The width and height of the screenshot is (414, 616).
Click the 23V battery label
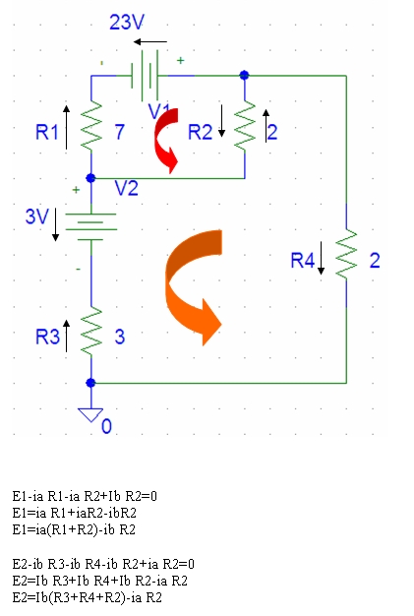coord(127,22)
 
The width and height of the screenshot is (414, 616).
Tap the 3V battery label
coord(37,216)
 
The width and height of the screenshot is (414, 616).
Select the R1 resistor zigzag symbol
coord(91,127)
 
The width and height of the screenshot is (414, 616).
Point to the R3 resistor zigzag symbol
coord(91,332)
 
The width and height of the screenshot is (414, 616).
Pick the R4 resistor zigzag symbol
coord(346,255)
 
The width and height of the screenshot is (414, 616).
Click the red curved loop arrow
coord(166,140)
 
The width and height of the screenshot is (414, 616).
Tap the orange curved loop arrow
coord(193,286)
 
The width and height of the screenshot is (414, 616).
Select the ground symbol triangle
coord(90,414)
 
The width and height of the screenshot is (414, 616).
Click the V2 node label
coord(126,189)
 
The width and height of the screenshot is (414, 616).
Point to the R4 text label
coord(303,261)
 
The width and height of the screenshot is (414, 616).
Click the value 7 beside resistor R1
coord(120,132)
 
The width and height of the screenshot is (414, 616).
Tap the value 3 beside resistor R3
coord(120,338)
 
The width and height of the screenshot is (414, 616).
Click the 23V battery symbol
coord(145,75)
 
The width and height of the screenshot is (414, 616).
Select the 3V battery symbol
coord(91,226)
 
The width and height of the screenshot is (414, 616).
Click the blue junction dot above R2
coord(244,75)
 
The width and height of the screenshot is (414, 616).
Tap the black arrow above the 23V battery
coord(150,41)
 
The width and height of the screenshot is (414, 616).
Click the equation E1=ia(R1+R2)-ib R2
coord(74,530)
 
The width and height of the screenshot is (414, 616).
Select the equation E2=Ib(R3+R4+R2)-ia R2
coord(88,598)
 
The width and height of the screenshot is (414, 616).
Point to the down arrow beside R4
coord(321,258)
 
